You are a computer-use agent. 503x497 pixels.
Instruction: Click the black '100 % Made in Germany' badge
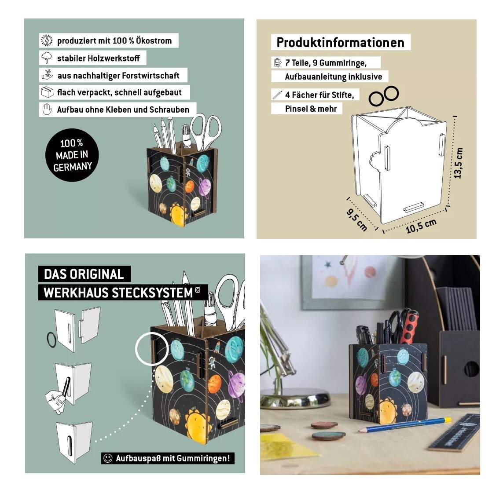(72, 155)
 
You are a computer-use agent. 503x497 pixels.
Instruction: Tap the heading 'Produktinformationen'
(340, 42)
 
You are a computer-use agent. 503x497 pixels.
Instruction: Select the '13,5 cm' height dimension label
(459, 163)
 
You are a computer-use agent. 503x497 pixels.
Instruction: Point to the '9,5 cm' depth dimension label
(357, 219)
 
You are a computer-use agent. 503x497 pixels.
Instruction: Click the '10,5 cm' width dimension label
(421, 226)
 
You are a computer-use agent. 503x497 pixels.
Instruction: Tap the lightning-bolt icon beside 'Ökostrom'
(47, 40)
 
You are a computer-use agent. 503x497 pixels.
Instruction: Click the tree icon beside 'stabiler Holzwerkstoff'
(47, 58)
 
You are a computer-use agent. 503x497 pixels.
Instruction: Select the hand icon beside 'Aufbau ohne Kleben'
(47, 110)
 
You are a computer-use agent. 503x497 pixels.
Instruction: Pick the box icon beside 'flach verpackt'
(47, 92)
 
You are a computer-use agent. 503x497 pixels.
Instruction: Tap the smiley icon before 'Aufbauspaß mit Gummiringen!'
(108, 458)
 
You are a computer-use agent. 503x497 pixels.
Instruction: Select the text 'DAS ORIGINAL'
(84, 274)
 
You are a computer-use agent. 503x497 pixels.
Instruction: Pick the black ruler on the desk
(454, 433)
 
